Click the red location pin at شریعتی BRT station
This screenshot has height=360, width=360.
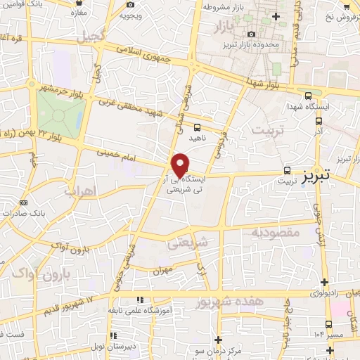tap(181, 165)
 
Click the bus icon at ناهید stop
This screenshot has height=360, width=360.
tap(197, 128)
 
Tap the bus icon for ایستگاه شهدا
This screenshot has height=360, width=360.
tap(307, 96)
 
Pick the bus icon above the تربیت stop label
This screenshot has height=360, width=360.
tap(287, 170)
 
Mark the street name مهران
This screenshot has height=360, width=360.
tap(164, 270)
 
